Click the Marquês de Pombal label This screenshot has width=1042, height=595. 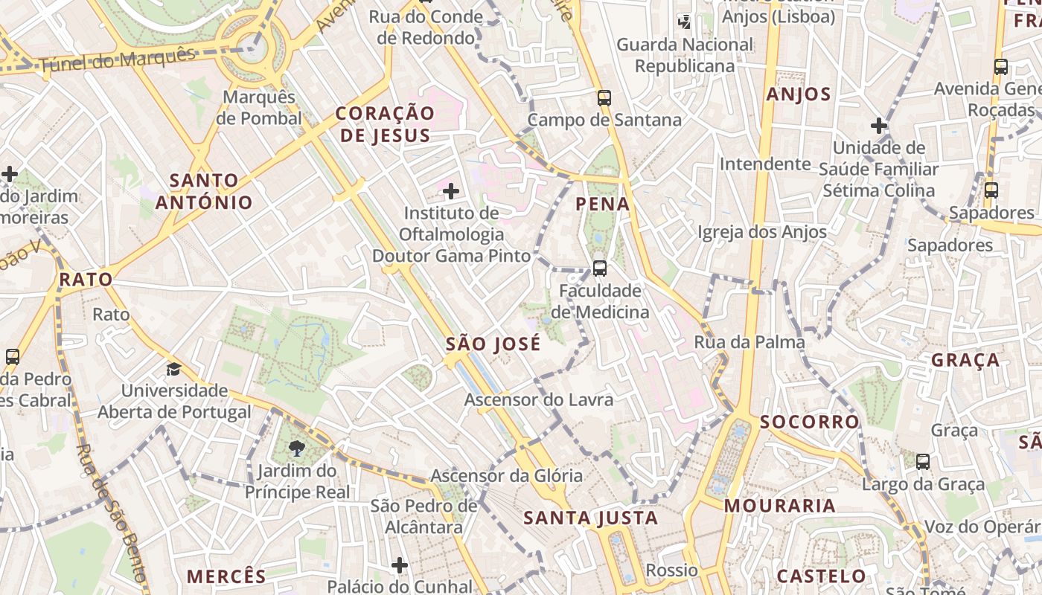[x=259, y=108]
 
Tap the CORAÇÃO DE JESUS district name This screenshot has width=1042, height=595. [x=384, y=124]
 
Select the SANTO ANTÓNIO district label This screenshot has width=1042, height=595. [x=203, y=191]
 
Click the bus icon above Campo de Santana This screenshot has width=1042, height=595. [x=604, y=97]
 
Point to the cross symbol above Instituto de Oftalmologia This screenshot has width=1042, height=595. [x=450, y=192]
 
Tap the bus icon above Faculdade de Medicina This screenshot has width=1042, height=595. [x=599, y=268]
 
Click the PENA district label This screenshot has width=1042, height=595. [x=603, y=204]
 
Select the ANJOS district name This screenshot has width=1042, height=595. [x=799, y=94]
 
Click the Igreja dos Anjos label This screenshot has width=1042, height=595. [x=762, y=232]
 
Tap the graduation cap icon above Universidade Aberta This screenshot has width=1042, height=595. [x=173, y=369]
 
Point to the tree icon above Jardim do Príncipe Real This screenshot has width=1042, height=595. [x=297, y=448]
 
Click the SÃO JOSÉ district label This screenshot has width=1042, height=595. [x=493, y=344]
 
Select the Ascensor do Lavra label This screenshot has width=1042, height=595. [x=539, y=400]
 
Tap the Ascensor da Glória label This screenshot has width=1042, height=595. [x=507, y=476]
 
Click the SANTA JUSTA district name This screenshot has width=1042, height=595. [x=591, y=518]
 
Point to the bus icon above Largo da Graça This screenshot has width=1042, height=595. [x=923, y=462]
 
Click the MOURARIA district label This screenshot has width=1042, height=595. [x=780, y=506]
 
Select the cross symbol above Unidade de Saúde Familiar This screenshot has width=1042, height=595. [x=879, y=126]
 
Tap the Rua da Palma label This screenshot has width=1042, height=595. [x=749, y=342]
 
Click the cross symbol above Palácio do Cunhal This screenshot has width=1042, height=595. [x=400, y=565]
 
